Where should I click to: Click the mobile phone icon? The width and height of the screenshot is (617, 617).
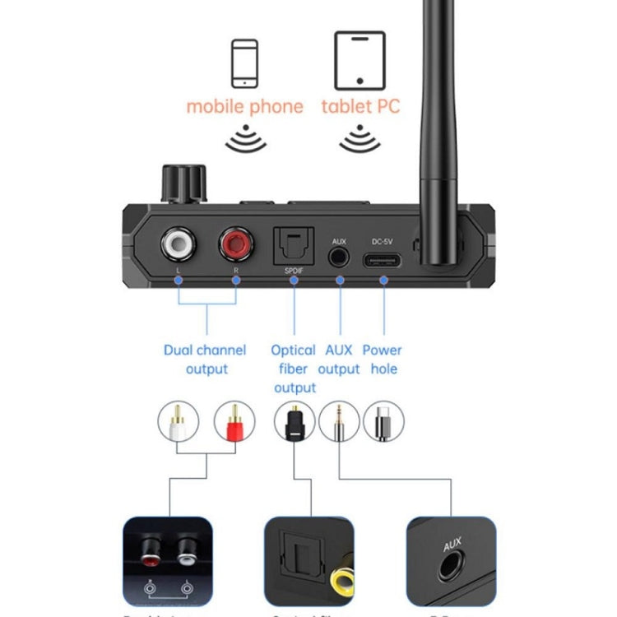pos(244,63)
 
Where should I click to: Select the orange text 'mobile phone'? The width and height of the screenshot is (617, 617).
pos(244,106)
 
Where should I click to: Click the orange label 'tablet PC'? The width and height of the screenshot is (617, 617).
pos(360,106)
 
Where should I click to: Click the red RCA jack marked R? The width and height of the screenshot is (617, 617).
pos(236,244)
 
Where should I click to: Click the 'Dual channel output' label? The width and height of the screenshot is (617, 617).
pos(205,360)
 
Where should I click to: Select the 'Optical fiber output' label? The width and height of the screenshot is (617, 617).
pos(294,369)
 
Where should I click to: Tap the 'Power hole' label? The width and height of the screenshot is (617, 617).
pos(382,360)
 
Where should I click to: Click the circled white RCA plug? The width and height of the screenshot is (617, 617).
pos(179,421)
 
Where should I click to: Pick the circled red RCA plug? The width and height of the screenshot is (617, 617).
pos(235,421)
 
